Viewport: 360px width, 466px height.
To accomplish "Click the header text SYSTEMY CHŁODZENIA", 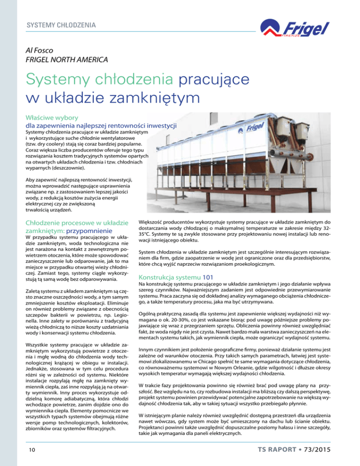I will (61, 23).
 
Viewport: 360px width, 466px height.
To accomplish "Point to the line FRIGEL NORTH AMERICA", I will (64, 60).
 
